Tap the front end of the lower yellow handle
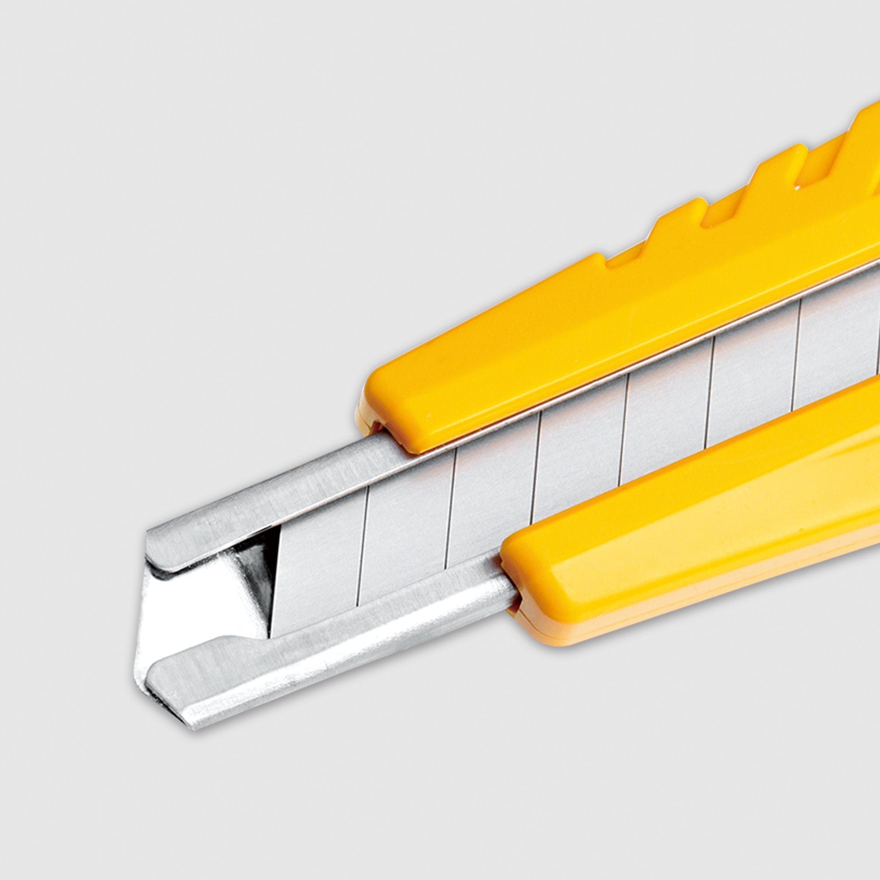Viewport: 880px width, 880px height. pos(519,579)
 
